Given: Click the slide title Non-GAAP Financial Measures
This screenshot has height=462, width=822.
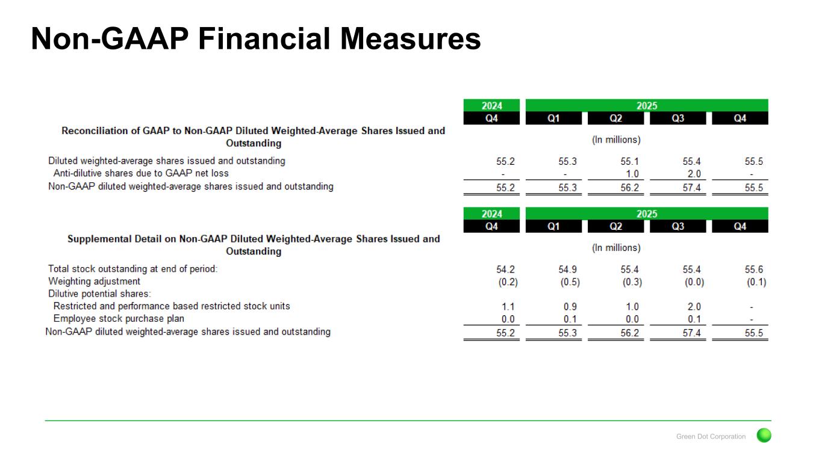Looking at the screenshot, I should click(x=255, y=38).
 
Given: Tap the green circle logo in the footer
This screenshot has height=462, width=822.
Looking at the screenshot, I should click(x=764, y=436).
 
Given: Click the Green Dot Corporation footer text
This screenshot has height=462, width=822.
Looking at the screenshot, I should click(x=711, y=437).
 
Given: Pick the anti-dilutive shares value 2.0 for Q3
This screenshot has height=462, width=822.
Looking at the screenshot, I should click(x=694, y=174).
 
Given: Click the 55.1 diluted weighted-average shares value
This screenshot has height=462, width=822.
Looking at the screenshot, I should click(x=630, y=161).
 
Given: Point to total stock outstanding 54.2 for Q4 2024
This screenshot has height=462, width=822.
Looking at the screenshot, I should click(x=505, y=269).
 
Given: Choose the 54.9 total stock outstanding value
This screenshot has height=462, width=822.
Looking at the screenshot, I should click(x=567, y=269).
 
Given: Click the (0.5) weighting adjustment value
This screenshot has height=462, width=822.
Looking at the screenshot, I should click(x=570, y=282).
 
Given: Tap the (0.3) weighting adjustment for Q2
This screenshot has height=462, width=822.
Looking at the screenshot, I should click(x=632, y=282).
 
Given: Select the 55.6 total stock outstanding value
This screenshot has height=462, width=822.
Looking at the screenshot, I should click(x=753, y=269).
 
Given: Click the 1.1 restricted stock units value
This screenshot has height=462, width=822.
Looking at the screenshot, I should click(x=508, y=307).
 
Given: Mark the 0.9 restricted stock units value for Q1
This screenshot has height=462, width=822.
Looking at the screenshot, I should click(x=570, y=307).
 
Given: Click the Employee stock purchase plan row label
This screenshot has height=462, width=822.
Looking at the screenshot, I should click(x=119, y=319).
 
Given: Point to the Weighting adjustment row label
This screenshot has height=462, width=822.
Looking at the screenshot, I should click(x=94, y=282).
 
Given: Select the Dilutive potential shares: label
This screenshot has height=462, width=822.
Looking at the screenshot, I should click(x=99, y=294).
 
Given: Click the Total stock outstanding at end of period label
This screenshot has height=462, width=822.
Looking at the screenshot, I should click(x=132, y=269).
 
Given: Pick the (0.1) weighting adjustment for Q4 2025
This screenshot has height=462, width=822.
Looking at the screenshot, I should click(x=756, y=282).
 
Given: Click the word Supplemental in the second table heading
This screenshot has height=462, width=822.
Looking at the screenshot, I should click(x=99, y=239).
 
